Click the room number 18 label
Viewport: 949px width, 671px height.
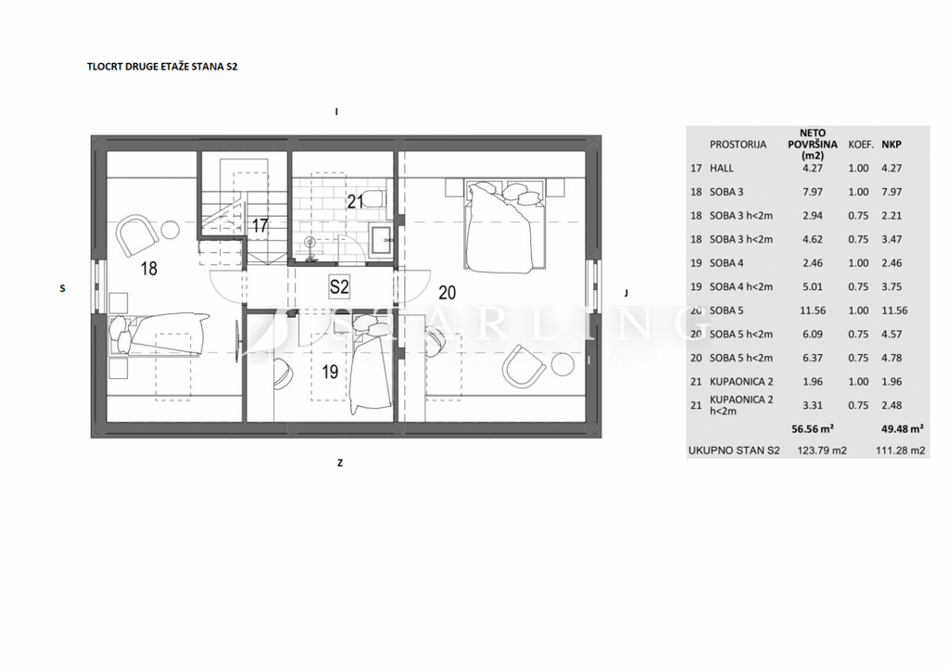pos(149,268)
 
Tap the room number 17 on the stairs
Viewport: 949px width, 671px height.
pos(259,226)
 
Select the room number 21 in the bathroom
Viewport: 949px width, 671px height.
pos(355,201)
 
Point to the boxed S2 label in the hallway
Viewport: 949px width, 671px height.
pos(339,286)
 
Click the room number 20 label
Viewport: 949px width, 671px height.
pos(448,293)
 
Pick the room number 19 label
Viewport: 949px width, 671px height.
pos(330,372)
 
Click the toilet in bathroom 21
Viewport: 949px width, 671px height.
pos(376,198)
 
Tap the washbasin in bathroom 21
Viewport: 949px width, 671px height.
pos(381,241)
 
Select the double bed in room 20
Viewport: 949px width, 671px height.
pos(505,224)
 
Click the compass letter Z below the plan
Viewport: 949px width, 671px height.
pos(340,462)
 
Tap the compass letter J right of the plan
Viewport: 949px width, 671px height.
pos(626,293)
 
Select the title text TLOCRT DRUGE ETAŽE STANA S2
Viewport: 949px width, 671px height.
pos(162,67)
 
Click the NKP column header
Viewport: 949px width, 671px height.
pos(891,144)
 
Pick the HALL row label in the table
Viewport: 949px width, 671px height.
pos(721,168)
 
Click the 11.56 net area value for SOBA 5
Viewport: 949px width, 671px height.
pos(812,310)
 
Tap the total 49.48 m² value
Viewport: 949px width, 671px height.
pos(903,429)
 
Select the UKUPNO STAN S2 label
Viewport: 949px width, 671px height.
pos(734,450)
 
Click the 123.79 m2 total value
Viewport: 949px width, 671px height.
pos(822,450)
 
